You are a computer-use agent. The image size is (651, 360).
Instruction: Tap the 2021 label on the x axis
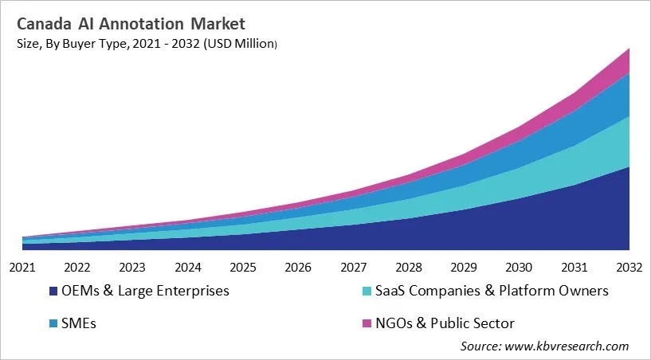pyautogui.click(x=22, y=267)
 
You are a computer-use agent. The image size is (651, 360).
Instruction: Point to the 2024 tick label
pyautogui.click(x=188, y=267)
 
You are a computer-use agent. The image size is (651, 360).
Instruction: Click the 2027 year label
pyautogui.click(x=354, y=267)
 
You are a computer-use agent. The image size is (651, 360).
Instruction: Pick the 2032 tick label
pyautogui.click(x=629, y=267)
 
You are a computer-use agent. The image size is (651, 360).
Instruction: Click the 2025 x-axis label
pyautogui.click(x=243, y=267)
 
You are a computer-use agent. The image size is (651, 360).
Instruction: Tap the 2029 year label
pyautogui.click(x=464, y=267)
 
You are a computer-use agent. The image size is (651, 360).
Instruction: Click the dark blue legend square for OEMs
pyautogui.click(x=53, y=292)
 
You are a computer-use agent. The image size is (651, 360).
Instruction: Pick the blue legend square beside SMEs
pyautogui.click(x=53, y=323)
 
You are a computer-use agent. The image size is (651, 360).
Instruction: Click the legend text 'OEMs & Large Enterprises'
pyautogui.click(x=145, y=291)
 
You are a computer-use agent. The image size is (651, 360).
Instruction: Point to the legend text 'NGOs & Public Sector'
pyautogui.click(x=446, y=323)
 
